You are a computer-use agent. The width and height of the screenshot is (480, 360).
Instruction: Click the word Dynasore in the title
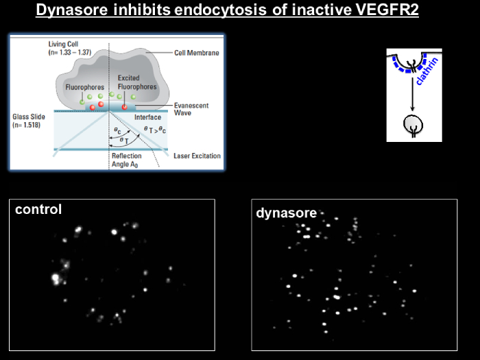tap(72, 10)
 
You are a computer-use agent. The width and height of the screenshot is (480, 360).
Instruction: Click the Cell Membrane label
tap(197, 53)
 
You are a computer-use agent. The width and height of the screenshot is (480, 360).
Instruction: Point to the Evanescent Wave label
tap(191, 109)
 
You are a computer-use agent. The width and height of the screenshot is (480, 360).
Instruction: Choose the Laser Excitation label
tap(197, 156)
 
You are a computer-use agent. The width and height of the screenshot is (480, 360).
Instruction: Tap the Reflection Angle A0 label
tap(126, 160)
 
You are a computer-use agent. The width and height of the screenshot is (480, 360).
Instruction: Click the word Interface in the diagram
tap(147, 117)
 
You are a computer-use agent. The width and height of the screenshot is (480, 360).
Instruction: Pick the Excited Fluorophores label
tap(137, 82)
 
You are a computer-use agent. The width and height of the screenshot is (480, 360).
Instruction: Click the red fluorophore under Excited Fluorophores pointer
tap(124, 107)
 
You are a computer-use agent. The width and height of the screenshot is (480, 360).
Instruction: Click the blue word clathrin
tap(427, 71)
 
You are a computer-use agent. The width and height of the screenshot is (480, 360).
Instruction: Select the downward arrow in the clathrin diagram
tap(412, 94)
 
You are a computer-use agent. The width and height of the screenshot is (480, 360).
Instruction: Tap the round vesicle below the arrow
tap(413, 125)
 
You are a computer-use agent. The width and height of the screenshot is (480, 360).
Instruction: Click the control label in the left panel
tap(38, 209)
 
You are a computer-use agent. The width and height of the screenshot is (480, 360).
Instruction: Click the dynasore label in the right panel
tap(286, 213)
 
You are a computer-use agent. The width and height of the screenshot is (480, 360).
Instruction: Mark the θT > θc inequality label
tap(155, 130)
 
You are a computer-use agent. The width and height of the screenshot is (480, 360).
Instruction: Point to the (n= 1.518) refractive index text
tap(26, 125)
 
